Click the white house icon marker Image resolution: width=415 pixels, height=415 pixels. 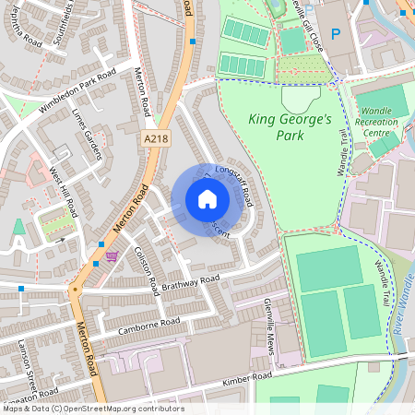coord(207,199)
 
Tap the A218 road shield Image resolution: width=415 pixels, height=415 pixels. coord(157,137)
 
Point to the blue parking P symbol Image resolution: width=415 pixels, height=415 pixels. coord(336,34)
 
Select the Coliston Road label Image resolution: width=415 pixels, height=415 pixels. coord(148,267)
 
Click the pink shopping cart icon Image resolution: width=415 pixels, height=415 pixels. coord(113,256)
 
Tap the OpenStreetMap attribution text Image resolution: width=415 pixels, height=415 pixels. coord(92,409)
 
